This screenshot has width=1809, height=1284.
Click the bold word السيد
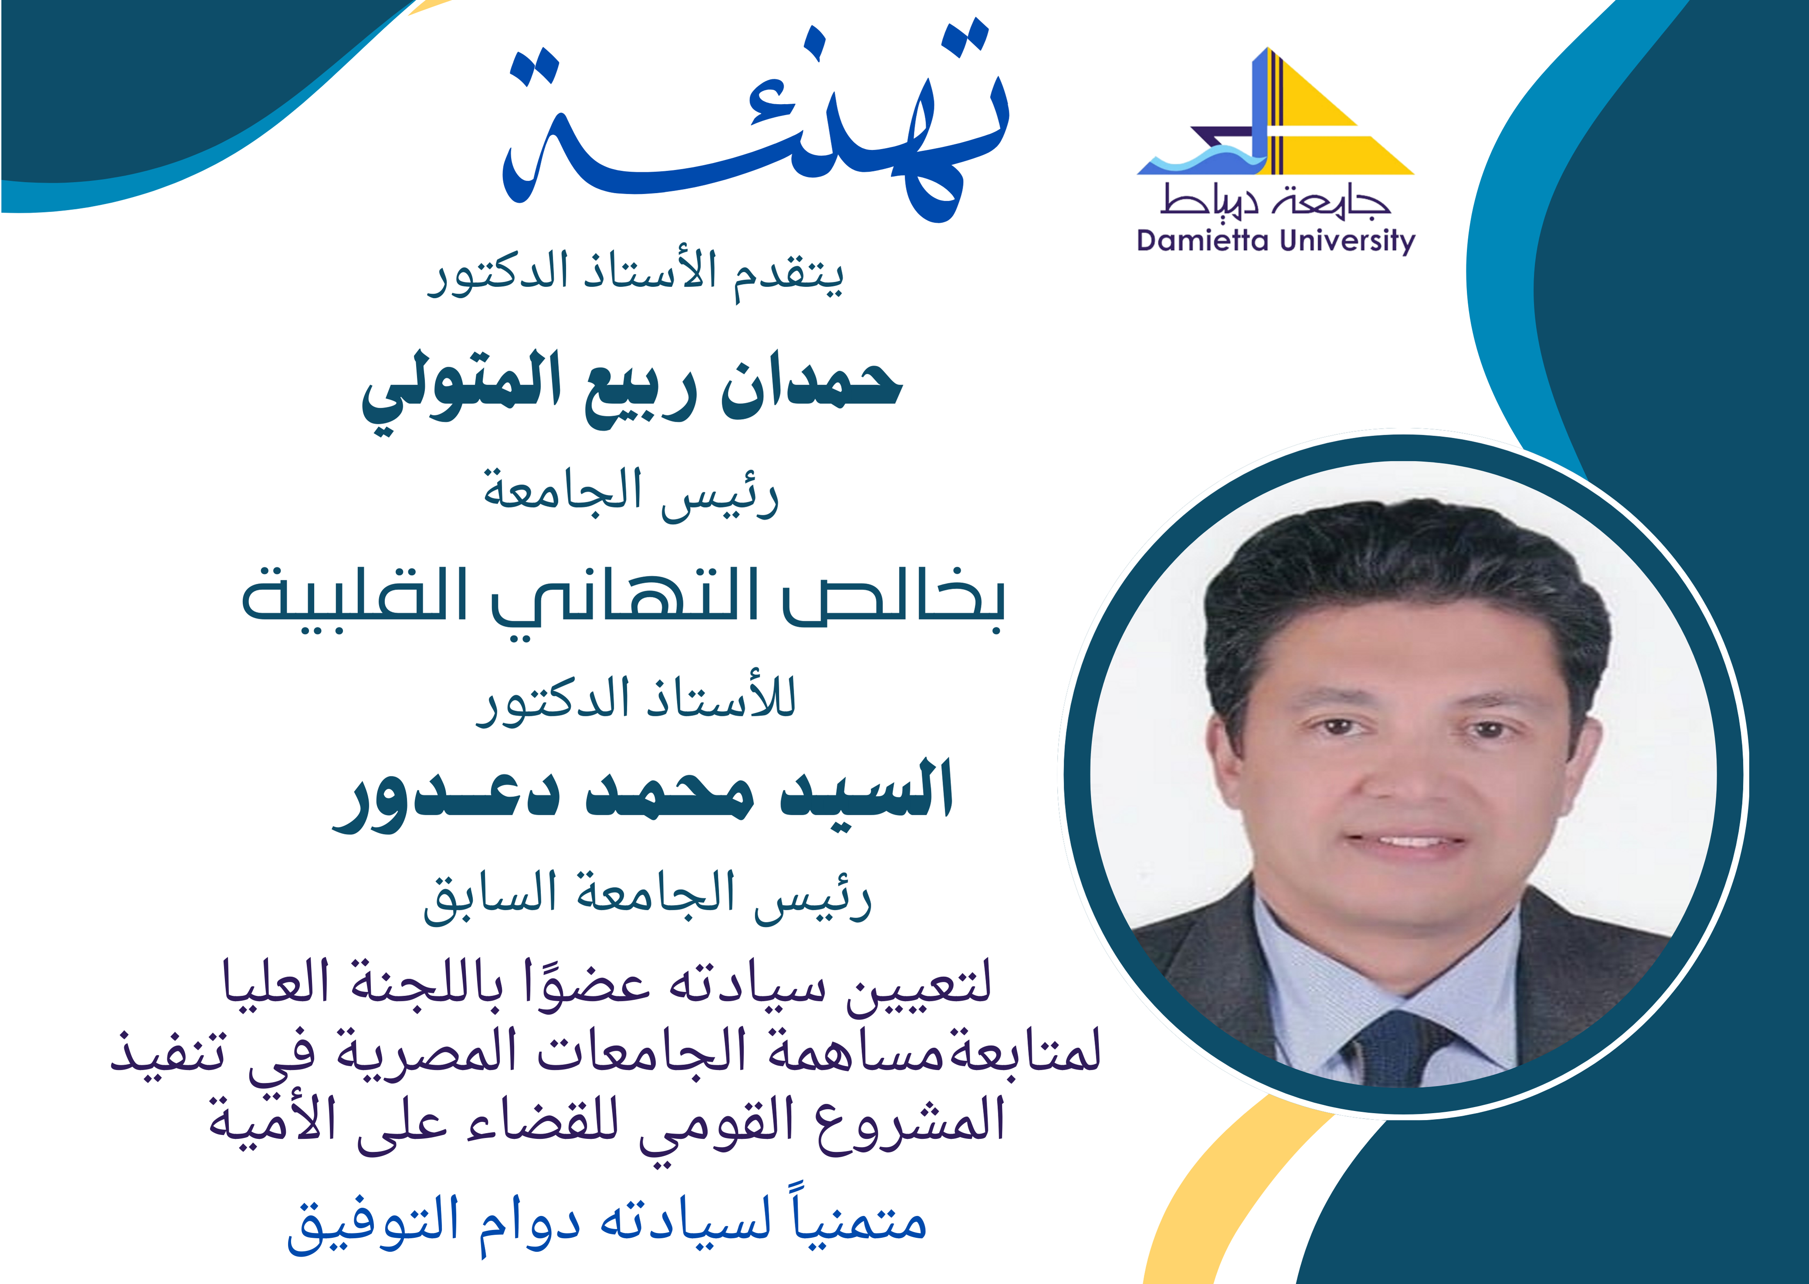click(866, 790)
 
